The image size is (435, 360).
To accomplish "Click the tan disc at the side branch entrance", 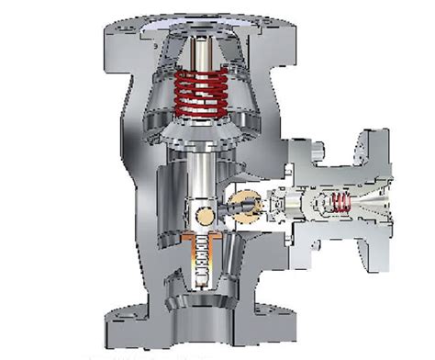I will [243, 203].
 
